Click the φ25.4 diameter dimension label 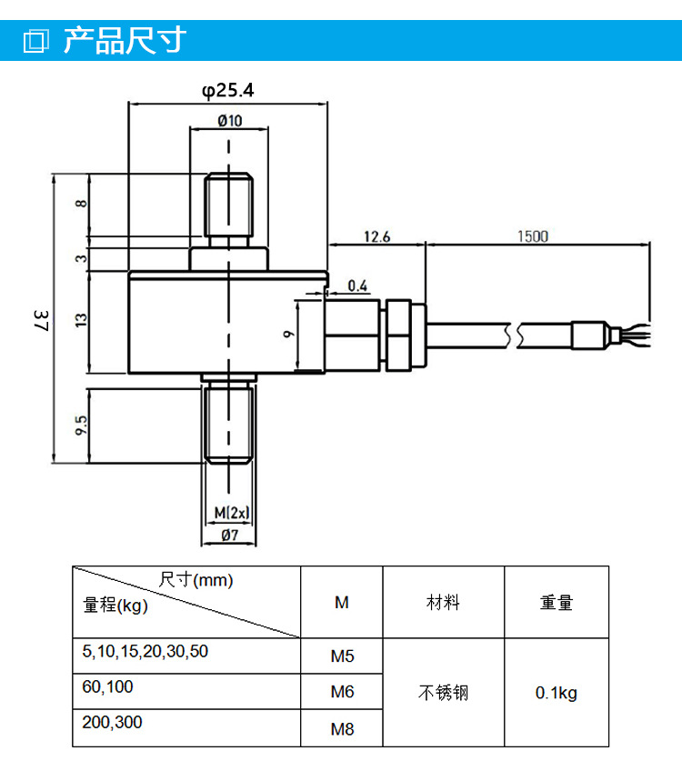pyautogui.click(x=227, y=90)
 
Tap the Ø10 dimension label pyautogui.click(x=230, y=120)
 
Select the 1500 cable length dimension pyautogui.click(x=533, y=236)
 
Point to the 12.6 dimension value pyautogui.click(x=376, y=236)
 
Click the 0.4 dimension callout pyautogui.click(x=357, y=285)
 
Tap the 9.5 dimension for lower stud pyautogui.click(x=81, y=425)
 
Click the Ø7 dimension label pyautogui.click(x=230, y=535)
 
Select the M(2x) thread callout pyautogui.click(x=232, y=513)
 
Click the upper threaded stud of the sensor pyautogui.click(x=228, y=205)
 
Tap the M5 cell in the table pyautogui.click(x=342, y=656)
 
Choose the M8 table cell pyautogui.click(x=342, y=728)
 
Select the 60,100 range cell pyautogui.click(x=186, y=691)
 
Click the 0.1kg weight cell pyautogui.click(x=557, y=693)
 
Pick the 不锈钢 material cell pyautogui.click(x=444, y=693)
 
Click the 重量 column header pyautogui.click(x=557, y=602)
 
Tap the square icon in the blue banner pyautogui.click(x=35, y=40)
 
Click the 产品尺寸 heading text pyautogui.click(x=125, y=40)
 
